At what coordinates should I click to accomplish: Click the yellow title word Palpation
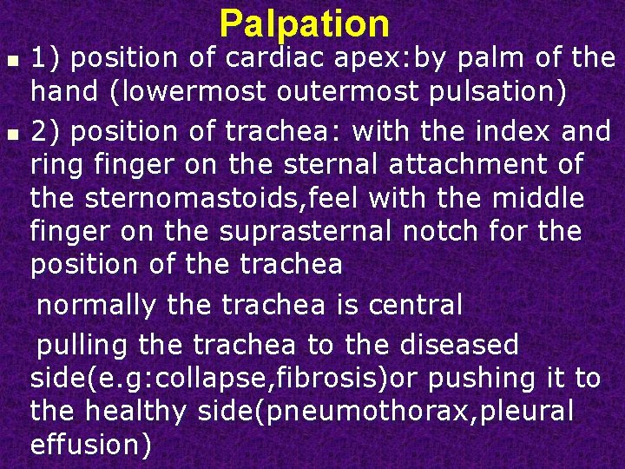click(x=305, y=23)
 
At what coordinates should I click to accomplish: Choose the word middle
click(x=535, y=199)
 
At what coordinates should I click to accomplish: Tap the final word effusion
click(x=90, y=445)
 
